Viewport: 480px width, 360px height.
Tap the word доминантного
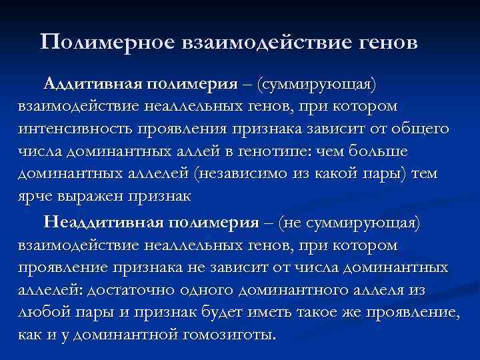click(285, 291)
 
